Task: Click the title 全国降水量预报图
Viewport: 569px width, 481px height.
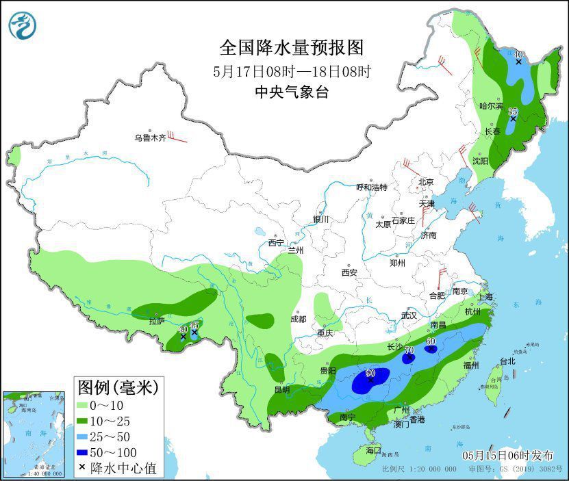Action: pyautogui.click(x=291, y=48)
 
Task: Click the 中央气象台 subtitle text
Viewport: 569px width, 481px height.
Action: pyautogui.click(x=291, y=92)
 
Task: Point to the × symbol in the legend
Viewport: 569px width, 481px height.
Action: pyautogui.click(x=82, y=468)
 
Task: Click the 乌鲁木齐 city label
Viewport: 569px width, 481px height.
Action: pyautogui.click(x=150, y=138)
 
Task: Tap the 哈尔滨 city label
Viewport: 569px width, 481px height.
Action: pyautogui.click(x=491, y=107)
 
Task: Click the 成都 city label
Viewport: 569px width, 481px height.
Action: pyautogui.click(x=298, y=319)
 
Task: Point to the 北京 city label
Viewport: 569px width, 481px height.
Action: pyautogui.click(x=426, y=182)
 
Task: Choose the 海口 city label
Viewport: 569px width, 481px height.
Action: pyautogui.click(x=372, y=452)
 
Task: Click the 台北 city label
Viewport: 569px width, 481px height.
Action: pyautogui.click(x=507, y=361)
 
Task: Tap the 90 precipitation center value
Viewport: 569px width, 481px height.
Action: pyautogui.click(x=370, y=374)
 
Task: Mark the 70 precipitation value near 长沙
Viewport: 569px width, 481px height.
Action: pyautogui.click(x=409, y=350)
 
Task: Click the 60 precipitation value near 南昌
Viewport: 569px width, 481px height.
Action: pyautogui.click(x=431, y=341)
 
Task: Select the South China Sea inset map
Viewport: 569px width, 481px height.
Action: pyautogui.click(x=34, y=434)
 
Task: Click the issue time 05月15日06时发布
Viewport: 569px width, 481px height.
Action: pyautogui.click(x=507, y=456)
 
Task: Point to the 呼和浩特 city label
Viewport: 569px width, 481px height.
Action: pyautogui.click(x=372, y=187)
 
